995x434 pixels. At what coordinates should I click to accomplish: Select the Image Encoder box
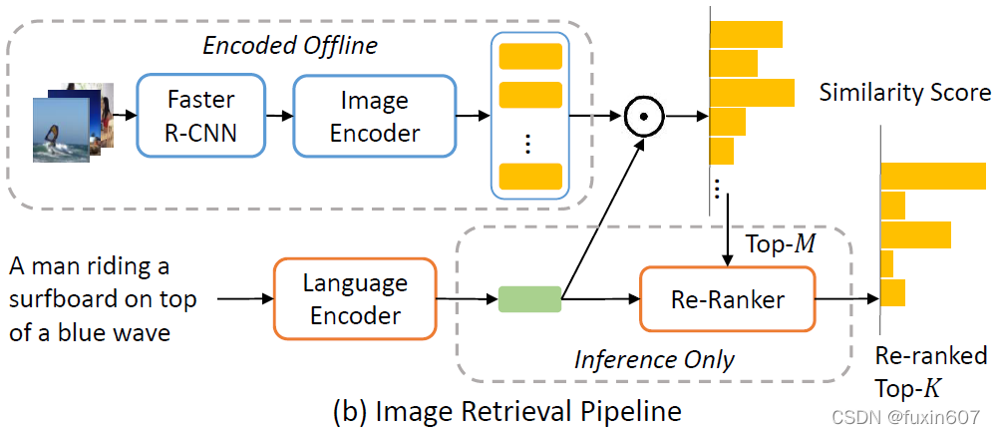pos(374,116)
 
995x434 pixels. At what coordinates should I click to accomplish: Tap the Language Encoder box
pos(355,299)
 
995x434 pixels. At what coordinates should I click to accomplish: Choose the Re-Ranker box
pos(726,298)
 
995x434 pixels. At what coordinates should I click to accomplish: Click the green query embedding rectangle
pos(528,298)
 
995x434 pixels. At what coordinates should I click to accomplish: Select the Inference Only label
pos(654,359)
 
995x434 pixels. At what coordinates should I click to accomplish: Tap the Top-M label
pos(781,243)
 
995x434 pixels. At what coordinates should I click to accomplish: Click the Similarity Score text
pos(904,93)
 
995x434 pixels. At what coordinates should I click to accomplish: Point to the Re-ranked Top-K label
pos(930,370)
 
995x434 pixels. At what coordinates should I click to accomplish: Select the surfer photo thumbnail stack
pos(70,120)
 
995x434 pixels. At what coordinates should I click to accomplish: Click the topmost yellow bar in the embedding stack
pos(530,55)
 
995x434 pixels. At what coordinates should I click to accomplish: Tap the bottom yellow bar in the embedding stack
pos(530,177)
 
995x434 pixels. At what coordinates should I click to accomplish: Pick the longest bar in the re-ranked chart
pos(933,176)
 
